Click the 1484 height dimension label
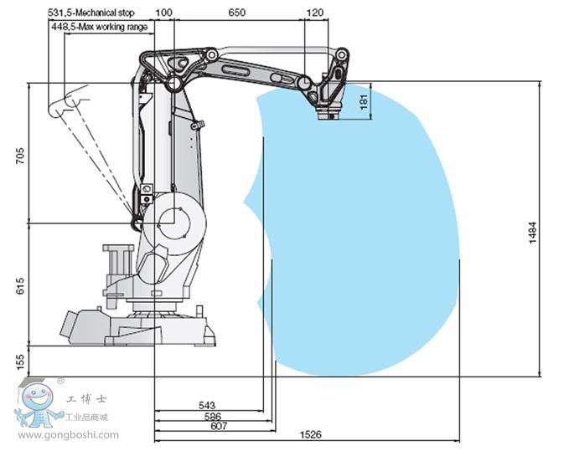533,233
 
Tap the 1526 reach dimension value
310,434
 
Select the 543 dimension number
207,405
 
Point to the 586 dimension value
213,417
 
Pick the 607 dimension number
219,426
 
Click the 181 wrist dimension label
364,101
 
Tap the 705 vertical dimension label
20,156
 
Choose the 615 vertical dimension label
20,285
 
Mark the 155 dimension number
20,361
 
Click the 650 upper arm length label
237,13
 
